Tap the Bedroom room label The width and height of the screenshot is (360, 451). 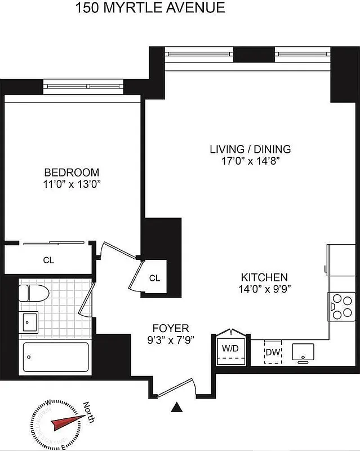pyautogui.click(x=72, y=173)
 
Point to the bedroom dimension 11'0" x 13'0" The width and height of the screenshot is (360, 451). pyautogui.click(x=72, y=184)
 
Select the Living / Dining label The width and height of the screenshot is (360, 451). pyautogui.click(x=250, y=149)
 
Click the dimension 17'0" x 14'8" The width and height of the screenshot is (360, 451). pyautogui.click(x=250, y=161)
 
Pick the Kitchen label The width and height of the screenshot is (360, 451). pyautogui.click(x=264, y=277)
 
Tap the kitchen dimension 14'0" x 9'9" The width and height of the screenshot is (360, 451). pyautogui.click(x=265, y=289)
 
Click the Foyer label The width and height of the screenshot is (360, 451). pyautogui.click(x=171, y=328)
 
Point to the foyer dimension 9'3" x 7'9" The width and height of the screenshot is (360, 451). pyautogui.click(x=171, y=339)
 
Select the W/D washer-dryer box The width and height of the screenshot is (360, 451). pyautogui.click(x=230, y=349)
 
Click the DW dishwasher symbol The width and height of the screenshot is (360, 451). pyautogui.click(x=273, y=352)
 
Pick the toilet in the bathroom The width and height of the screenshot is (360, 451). pyautogui.click(x=32, y=293)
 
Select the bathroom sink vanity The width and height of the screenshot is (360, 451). pyautogui.click(x=29, y=322)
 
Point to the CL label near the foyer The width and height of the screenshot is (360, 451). pyautogui.click(x=155, y=278)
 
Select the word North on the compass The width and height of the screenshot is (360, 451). pyautogui.click(x=88, y=411)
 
